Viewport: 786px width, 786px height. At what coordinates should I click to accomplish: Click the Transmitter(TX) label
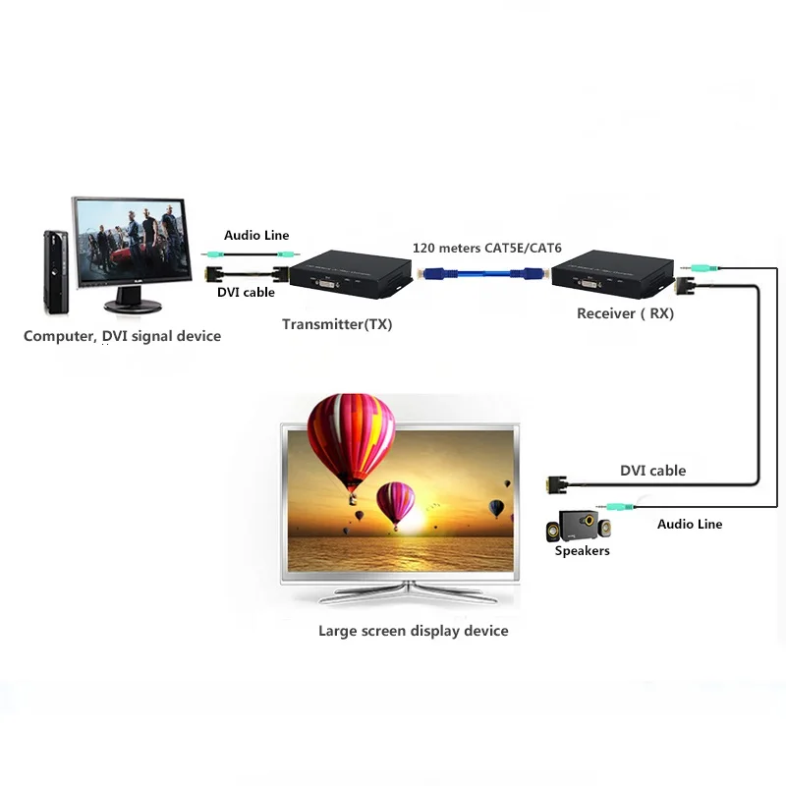337,324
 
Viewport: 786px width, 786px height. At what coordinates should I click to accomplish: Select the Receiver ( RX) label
625,315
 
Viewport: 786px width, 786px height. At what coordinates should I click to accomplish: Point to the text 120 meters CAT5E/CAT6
481,249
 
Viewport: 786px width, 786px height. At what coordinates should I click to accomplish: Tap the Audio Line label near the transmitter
256,236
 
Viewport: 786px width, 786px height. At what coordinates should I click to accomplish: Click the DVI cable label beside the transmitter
245,292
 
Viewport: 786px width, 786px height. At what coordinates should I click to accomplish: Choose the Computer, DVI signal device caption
122,336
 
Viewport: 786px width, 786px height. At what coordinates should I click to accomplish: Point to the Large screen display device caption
413,631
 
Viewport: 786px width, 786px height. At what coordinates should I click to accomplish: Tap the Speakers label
582,551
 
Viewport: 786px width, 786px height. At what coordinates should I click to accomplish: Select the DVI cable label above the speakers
652,471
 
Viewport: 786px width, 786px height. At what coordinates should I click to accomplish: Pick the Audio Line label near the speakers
689,525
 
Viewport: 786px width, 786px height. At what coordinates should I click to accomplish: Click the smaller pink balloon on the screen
397,505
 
